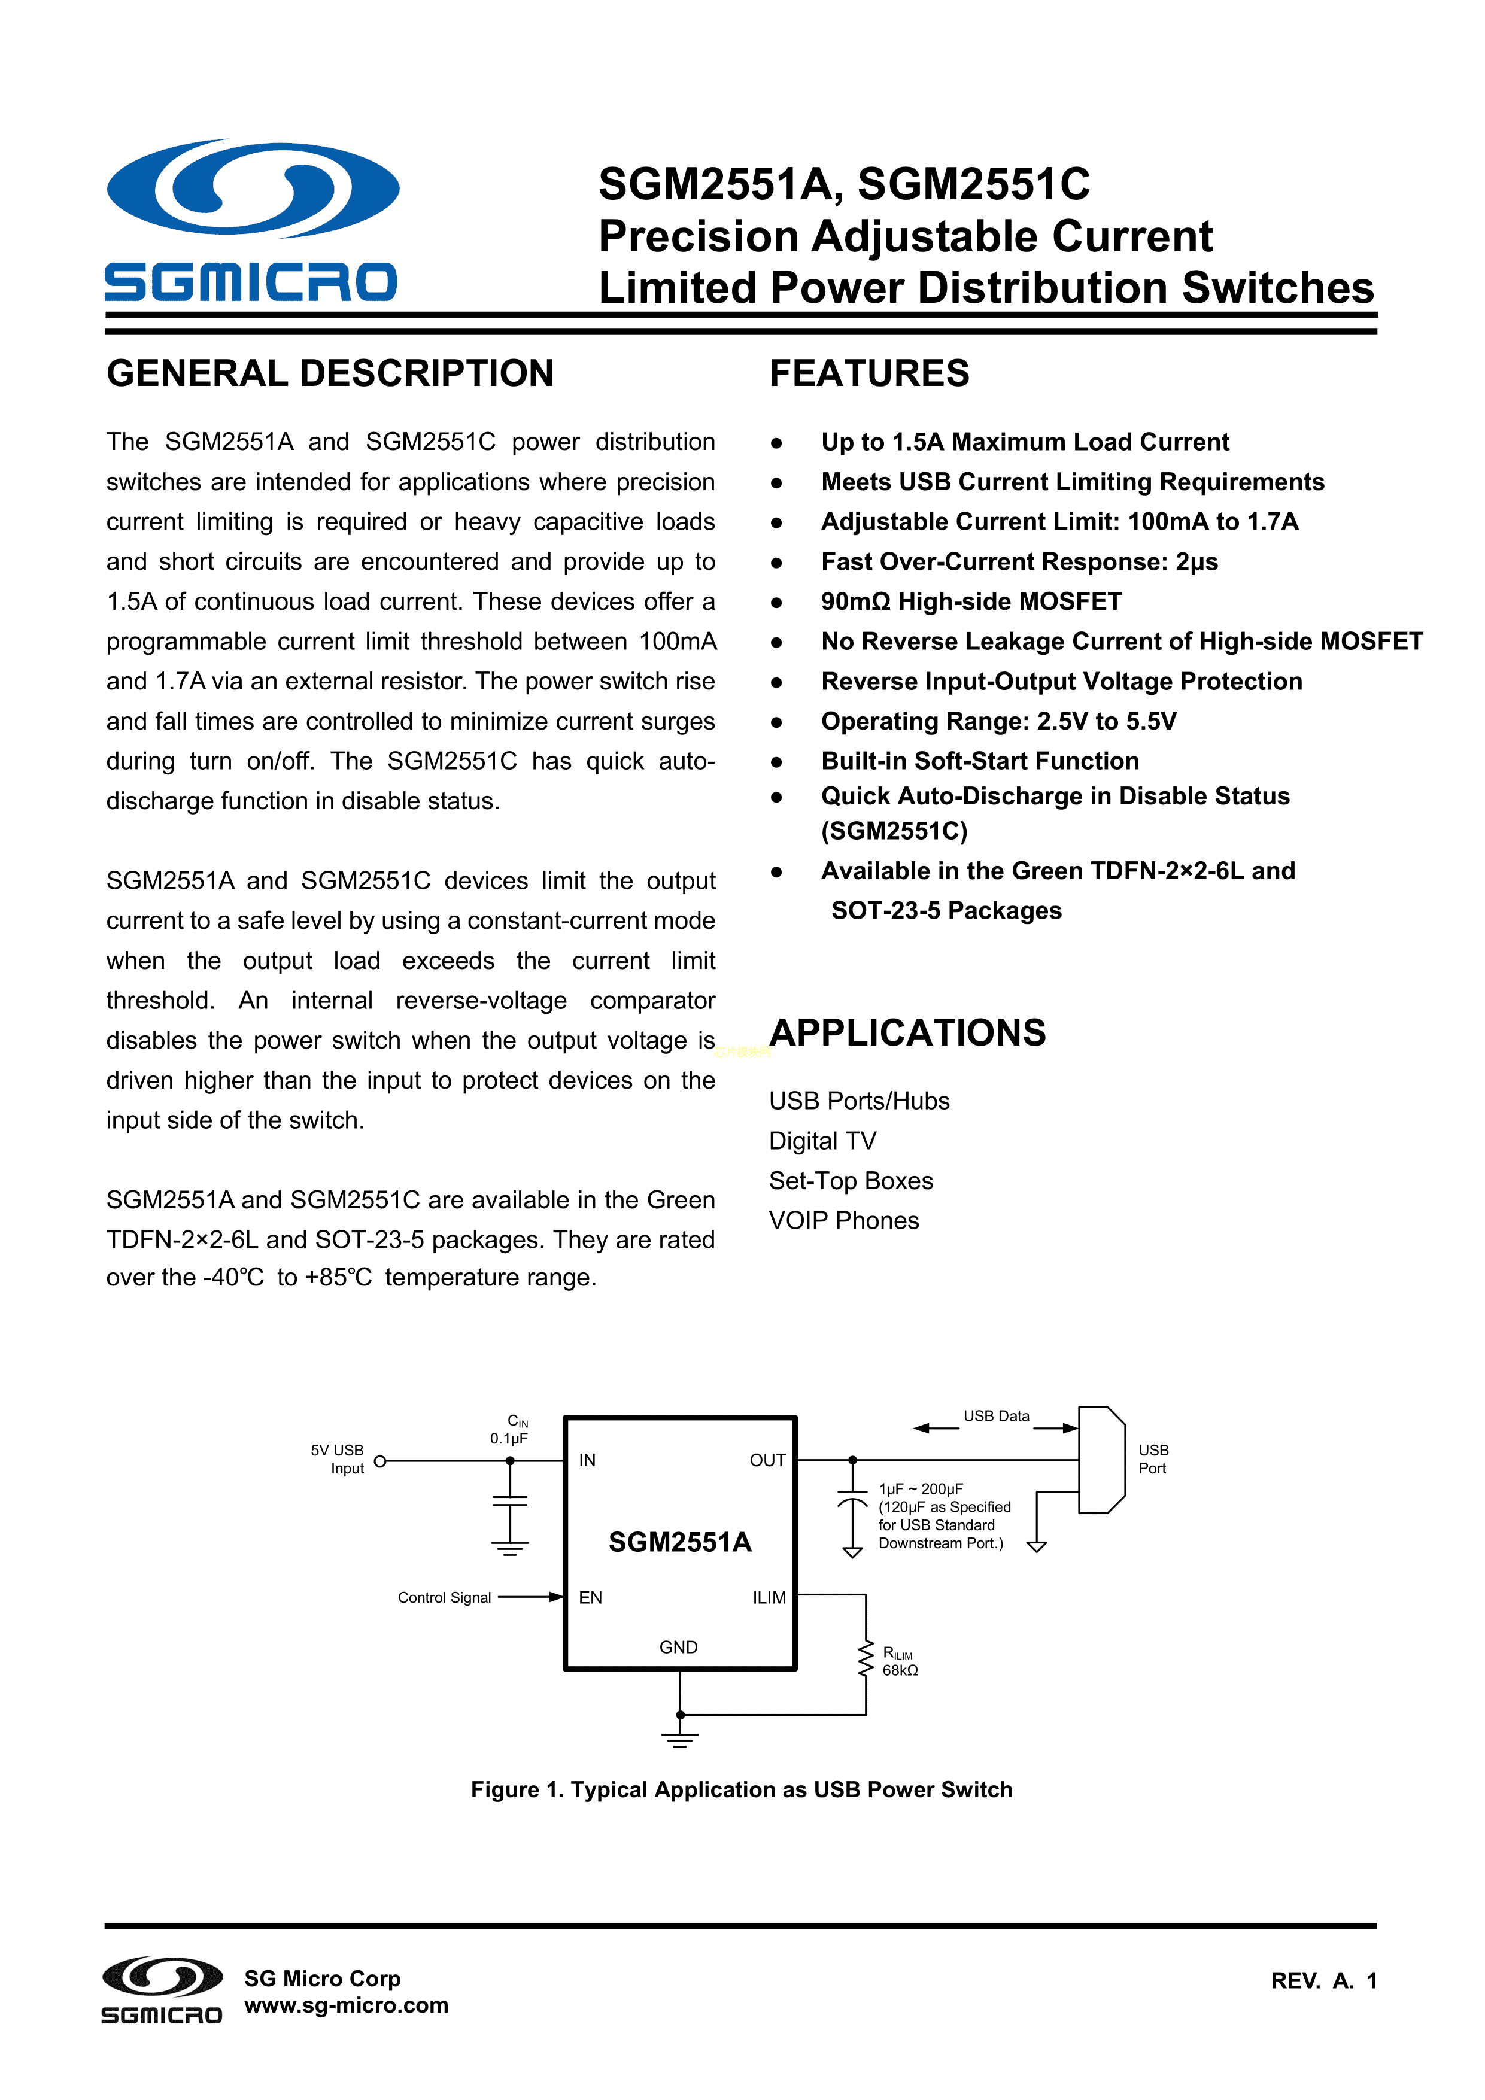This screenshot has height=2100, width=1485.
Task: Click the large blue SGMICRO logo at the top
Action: coord(251,220)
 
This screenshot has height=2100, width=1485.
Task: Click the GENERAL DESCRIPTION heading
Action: coord(329,373)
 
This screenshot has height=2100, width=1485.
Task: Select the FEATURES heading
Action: coord(868,373)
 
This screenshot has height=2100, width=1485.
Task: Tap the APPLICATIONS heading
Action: coord(907,1032)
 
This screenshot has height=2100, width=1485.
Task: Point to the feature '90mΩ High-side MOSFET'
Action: coord(971,602)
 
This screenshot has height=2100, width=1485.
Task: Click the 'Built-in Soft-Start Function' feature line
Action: coord(979,761)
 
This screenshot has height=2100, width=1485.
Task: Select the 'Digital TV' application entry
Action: coord(822,1141)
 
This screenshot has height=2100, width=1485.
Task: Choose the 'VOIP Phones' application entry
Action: coord(843,1221)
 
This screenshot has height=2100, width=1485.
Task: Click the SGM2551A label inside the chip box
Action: coord(680,1542)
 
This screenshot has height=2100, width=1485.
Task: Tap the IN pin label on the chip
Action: coord(587,1461)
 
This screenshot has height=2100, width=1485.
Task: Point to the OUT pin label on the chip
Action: coord(767,1461)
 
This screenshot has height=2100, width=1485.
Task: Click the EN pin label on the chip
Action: coord(590,1598)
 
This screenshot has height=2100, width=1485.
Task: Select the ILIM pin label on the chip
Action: coord(769,1598)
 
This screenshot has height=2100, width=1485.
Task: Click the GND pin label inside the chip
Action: coord(678,1647)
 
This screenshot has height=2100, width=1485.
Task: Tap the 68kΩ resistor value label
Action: coord(900,1670)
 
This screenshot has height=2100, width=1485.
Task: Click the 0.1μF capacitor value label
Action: coord(509,1439)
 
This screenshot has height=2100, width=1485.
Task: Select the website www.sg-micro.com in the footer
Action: coord(346,2006)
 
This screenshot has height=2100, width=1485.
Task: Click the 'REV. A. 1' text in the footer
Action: coord(1323,1981)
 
